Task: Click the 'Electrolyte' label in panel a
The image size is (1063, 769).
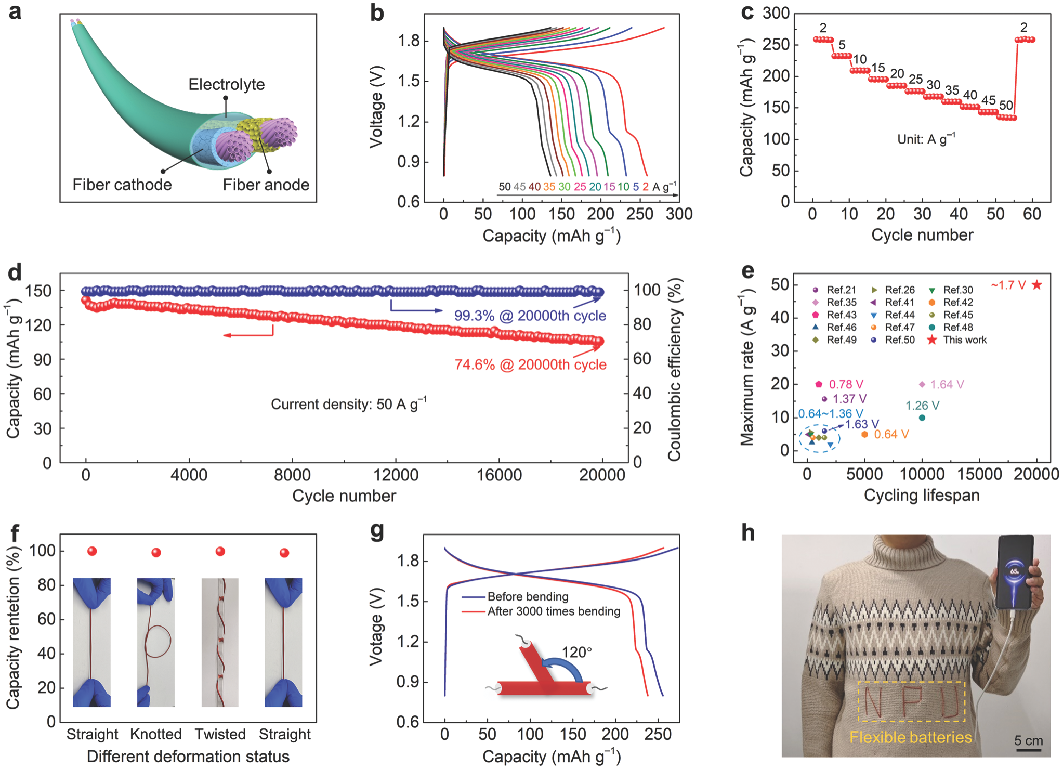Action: pos(226,84)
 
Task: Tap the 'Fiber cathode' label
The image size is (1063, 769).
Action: pos(122,185)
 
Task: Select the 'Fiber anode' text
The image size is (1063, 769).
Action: pos(266,185)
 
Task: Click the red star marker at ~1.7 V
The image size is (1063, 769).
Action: pos(1036,284)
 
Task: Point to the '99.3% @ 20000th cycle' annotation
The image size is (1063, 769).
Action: pos(530,316)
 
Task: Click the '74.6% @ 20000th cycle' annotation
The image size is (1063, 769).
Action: pos(530,364)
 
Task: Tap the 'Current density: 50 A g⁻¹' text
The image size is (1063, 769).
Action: pos(348,404)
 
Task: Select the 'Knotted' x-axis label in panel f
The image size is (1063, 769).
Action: pos(156,734)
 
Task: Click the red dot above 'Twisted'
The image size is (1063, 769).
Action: pos(220,551)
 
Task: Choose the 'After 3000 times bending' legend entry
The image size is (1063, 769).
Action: pos(553,611)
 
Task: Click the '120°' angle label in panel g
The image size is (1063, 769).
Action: pos(576,652)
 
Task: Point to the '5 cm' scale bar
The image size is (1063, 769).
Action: pos(1028,744)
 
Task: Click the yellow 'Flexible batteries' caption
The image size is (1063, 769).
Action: pos(910,737)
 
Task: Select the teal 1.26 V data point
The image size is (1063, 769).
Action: pos(922,418)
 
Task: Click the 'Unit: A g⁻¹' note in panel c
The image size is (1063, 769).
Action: pos(926,139)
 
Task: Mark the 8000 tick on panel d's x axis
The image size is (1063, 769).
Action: pos(292,474)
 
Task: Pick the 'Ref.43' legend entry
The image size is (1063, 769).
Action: pos(841,315)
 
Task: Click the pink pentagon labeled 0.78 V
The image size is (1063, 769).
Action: pos(819,384)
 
